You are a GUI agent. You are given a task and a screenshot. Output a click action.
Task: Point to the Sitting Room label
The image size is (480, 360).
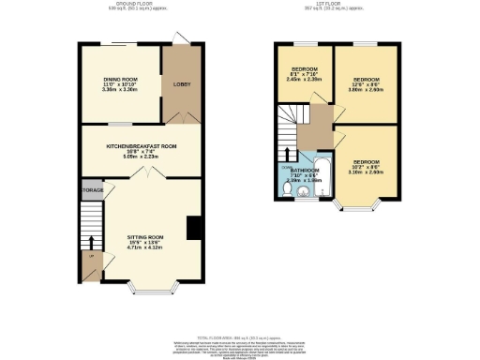[145, 241]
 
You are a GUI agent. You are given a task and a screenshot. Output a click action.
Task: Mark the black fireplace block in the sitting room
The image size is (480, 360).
[193, 229]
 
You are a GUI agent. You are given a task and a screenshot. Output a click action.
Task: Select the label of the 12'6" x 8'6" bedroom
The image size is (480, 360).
[366, 82]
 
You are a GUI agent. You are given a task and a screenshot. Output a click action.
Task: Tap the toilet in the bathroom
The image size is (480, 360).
[287, 187]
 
